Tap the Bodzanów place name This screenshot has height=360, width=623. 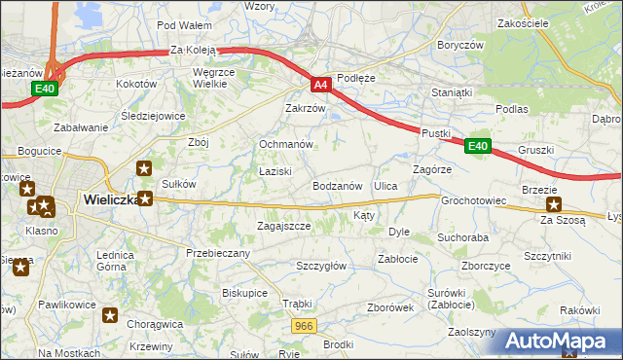point(338,185)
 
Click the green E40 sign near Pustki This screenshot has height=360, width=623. point(476,146)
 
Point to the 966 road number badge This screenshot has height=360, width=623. point(303,327)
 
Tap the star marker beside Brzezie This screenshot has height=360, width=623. point(554,204)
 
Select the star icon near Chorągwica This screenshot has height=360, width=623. point(110,315)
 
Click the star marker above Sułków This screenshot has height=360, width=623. point(145,168)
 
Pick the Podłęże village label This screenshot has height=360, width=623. point(355,77)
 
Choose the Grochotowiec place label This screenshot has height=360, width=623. point(474,201)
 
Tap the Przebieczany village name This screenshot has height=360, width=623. point(218,253)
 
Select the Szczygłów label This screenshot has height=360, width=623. point(321,265)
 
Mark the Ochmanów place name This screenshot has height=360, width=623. point(285,144)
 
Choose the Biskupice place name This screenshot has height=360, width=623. point(244,291)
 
